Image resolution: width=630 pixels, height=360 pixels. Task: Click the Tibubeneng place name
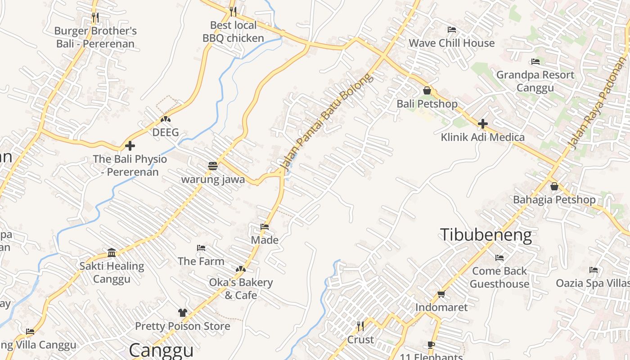(486, 235)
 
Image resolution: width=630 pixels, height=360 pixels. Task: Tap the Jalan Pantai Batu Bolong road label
(327, 121)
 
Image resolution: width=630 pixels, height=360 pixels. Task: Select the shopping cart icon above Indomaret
(441, 294)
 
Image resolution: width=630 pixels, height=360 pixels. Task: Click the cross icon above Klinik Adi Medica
(482, 124)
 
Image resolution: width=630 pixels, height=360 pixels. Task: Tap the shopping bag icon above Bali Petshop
(427, 90)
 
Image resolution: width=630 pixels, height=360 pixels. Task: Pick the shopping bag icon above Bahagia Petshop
(554, 186)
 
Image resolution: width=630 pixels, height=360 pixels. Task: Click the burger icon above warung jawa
(213, 166)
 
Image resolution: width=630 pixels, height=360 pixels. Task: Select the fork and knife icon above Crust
(360, 326)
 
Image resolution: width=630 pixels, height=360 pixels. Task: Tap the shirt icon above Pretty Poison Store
(182, 313)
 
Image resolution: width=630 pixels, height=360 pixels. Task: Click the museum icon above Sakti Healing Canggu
(112, 252)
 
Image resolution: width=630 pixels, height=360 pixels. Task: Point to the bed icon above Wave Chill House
(452, 30)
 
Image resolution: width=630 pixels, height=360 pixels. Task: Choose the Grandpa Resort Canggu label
(535, 81)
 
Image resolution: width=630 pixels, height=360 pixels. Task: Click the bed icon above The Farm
(201, 248)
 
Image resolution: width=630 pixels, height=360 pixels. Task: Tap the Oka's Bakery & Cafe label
(241, 289)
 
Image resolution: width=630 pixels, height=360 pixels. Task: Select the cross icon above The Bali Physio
(130, 146)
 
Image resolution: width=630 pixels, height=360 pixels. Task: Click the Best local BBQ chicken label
(233, 31)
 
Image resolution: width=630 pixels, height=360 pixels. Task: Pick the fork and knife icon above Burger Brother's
(95, 18)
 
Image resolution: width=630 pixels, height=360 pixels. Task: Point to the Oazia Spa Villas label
(593, 283)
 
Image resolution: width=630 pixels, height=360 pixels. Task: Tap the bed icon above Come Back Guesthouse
(499, 258)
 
